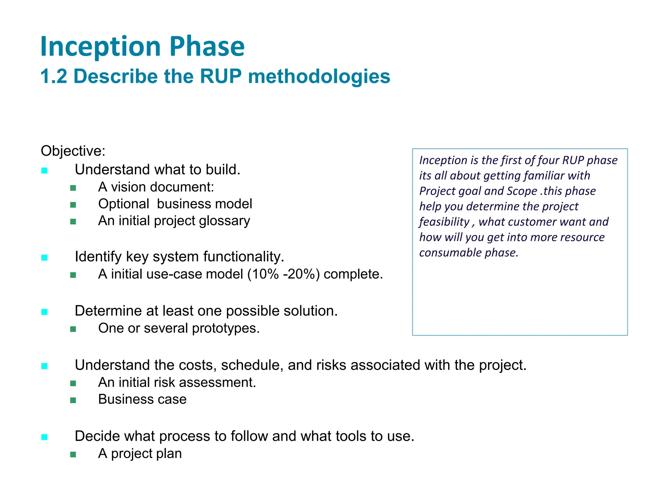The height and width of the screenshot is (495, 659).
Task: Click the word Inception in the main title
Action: click(100, 47)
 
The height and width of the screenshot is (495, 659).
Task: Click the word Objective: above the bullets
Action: click(73, 151)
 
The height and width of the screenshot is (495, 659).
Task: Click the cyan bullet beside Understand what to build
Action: click(45, 170)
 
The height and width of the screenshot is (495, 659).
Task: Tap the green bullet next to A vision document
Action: click(73, 188)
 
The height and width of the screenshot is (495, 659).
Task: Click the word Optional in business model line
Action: click(124, 204)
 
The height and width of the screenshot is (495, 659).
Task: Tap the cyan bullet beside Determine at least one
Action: click(45, 312)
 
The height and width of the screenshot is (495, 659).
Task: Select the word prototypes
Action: click(226, 328)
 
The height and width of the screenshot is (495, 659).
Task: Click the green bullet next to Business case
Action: click(73, 400)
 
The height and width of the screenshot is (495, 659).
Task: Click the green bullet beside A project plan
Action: click(73, 454)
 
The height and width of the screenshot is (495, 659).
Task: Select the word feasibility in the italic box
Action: click(444, 222)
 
